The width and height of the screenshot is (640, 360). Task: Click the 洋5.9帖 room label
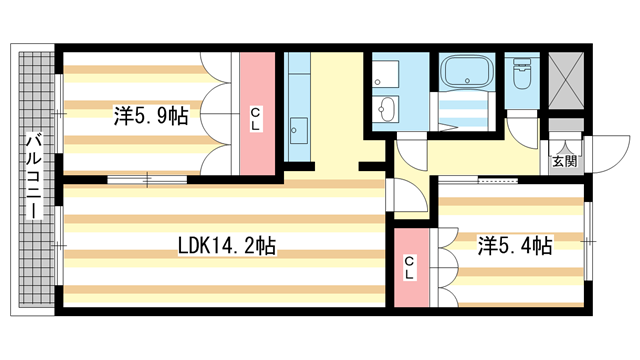(151, 116)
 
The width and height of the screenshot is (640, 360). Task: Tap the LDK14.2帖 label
(227, 246)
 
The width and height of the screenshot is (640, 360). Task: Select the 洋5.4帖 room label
(515, 246)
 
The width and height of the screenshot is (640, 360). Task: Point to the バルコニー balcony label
(34, 176)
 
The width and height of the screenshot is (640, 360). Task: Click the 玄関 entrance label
(565, 161)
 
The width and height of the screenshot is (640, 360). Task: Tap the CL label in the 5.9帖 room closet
(255, 119)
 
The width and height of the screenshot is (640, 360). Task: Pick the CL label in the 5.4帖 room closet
(410, 267)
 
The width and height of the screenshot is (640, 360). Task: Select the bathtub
(467, 72)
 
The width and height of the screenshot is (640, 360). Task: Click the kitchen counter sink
(298, 131)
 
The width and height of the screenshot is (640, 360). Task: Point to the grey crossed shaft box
(565, 80)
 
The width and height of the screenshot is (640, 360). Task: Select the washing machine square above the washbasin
(385, 73)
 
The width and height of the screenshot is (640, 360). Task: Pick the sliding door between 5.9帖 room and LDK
(147, 179)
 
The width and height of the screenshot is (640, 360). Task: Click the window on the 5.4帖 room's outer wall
(588, 241)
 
